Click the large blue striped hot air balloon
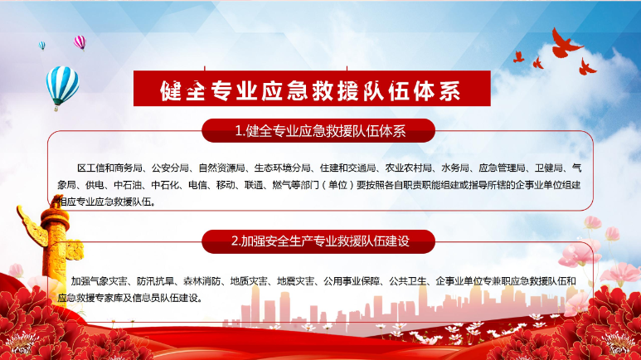(62, 87)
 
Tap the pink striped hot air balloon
(80, 42)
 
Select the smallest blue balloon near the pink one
(41, 46)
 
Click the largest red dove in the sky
(565, 43)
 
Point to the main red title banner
(312, 89)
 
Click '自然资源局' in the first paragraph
(221, 168)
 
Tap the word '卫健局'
(549, 168)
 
